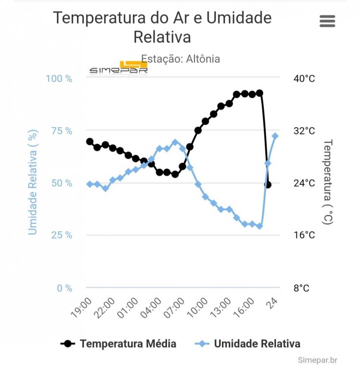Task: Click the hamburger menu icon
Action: coord(327,21)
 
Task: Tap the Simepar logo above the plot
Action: coord(118,69)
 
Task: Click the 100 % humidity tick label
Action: coord(59,79)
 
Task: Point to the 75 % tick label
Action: coord(61,131)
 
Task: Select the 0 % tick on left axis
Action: coord(64,288)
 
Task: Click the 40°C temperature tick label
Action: coord(304,79)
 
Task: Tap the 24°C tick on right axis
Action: coord(304,183)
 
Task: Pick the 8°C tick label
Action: coord(302,288)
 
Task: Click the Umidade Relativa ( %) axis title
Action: coord(33,183)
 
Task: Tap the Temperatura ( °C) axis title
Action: coord(328,182)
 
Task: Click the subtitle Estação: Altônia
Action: coord(181,59)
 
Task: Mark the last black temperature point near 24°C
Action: coord(268,184)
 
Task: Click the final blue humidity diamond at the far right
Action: coord(275,136)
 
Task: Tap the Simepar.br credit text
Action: coord(317,360)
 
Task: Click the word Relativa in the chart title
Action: coord(162,37)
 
